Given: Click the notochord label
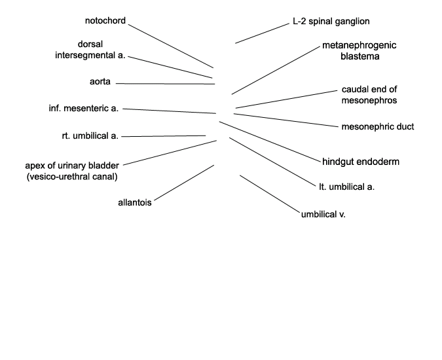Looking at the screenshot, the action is [105, 20].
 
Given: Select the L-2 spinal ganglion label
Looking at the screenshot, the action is [331, 22].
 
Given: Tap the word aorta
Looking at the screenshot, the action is [100, 81].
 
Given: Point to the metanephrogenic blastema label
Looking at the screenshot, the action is [359, 50].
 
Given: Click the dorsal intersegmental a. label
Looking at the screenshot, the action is [90, 50].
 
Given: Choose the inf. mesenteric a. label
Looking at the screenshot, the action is [84, 108].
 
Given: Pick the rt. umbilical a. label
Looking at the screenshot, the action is [90, 135].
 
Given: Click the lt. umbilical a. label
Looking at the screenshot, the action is [346, 187].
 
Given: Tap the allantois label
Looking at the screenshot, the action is [135, 202].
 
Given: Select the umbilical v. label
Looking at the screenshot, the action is [323, 215].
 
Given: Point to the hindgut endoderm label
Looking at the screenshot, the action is [361, 162].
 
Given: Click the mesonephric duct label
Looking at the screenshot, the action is [378, 127].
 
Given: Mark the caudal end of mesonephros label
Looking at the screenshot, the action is [369, 95].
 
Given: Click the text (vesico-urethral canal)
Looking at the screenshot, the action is [72, 177].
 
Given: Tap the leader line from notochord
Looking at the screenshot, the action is [171, 46].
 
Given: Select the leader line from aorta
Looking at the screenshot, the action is [165, 84].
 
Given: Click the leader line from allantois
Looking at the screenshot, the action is [185, 183].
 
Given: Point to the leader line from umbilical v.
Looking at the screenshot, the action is [270, 194].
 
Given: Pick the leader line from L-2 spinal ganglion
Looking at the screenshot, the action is [263, 33].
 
